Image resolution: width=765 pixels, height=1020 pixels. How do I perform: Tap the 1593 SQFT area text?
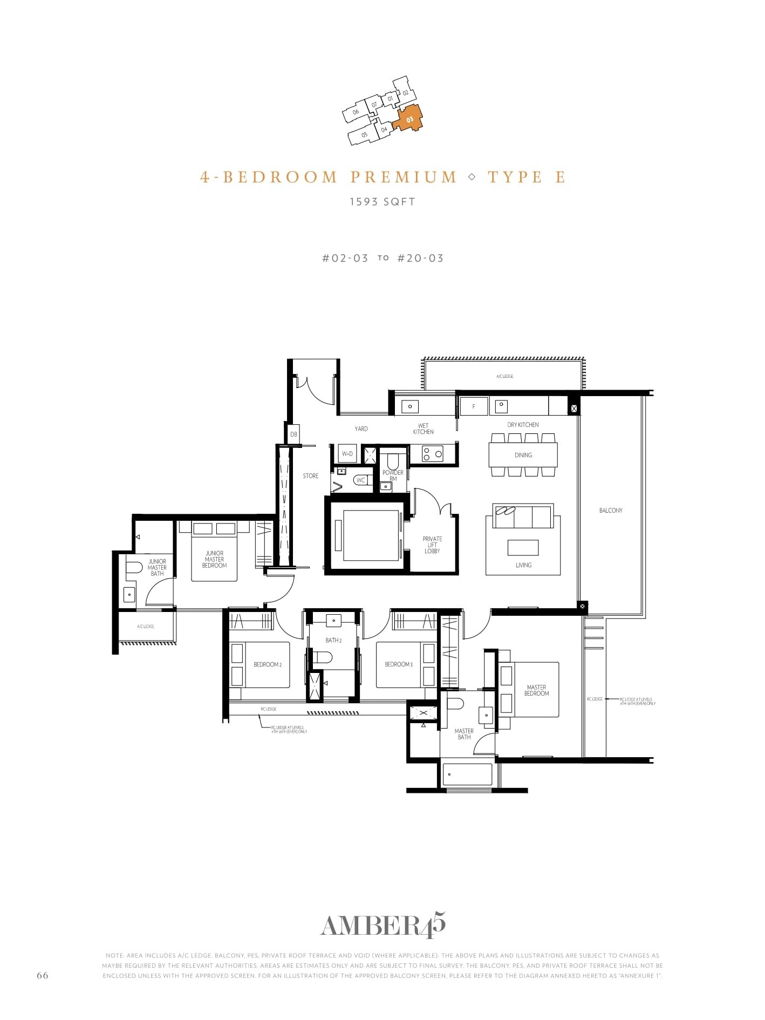[383, 202]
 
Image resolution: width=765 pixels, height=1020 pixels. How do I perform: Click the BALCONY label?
[611, 510]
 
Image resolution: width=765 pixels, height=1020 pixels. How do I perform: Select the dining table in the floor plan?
[523, 455]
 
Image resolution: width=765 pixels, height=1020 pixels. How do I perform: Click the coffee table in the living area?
[523, 547]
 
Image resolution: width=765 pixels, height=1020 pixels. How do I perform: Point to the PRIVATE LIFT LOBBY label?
[432, 545]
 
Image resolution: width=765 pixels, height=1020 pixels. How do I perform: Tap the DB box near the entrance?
[293, 434]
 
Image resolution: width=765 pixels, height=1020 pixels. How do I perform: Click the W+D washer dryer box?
[347, 454]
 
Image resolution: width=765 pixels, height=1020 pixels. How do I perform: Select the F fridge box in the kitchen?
[474, 406]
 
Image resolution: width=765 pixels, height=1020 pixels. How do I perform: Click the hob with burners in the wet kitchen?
[432, 454]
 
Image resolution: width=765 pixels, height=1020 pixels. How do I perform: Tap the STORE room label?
[310, 476]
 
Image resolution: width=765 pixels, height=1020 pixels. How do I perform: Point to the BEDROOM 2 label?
[268, 664]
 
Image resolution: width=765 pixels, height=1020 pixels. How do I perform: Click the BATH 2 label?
[333, 640]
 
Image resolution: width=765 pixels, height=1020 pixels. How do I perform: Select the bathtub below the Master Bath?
[467, 774]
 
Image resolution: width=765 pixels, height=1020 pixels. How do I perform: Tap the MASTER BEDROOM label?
[536, 690]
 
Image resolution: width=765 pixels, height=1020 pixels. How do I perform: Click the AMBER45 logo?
[383, 926]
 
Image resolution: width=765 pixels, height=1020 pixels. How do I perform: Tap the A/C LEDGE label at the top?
[504, 376]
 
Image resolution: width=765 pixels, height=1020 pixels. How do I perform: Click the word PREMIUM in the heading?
[404, 177]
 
